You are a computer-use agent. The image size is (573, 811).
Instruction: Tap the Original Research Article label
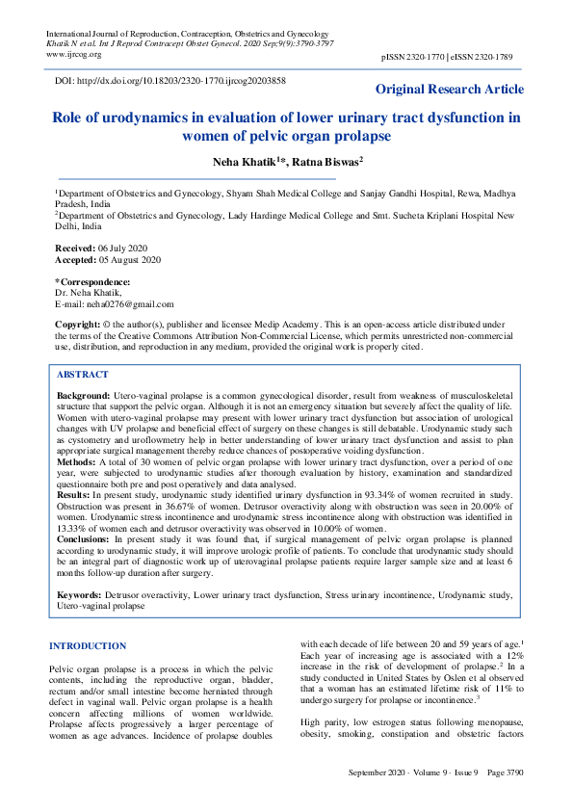point(450,90)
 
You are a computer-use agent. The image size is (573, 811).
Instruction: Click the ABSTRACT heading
point(83,373)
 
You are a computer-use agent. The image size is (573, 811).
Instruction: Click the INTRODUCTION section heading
point(88,645)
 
